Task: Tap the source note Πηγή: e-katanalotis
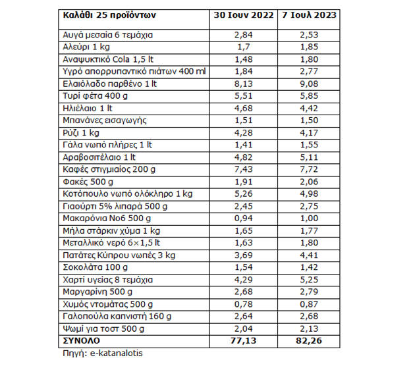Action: coord(99,352)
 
